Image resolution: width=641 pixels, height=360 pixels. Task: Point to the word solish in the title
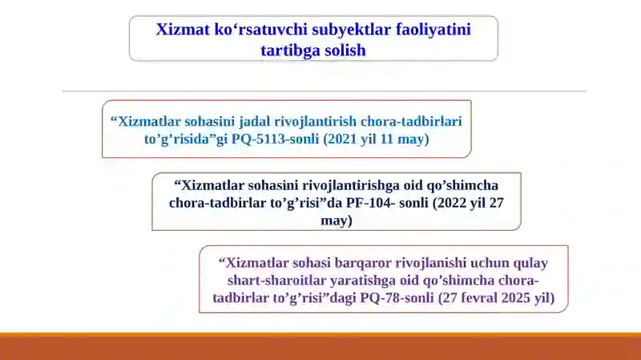click(345, 50)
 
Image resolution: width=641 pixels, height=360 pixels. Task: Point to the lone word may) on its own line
click(336, 220)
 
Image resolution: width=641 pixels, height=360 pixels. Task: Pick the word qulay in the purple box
click(530, 262)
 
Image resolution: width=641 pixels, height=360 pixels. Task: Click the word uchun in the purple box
click(488, 262)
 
